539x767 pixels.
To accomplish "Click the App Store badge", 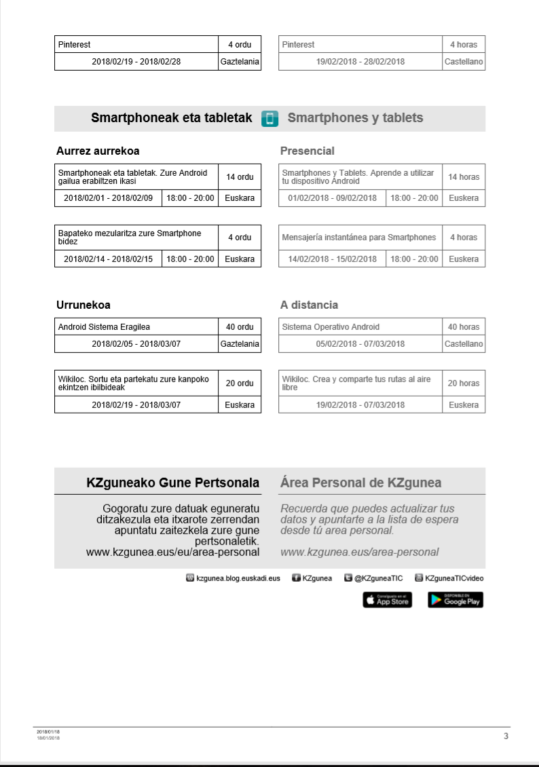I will pyautogui.click(x=387, y=600).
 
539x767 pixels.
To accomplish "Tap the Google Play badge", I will pyautogui.click(x=456, y=600).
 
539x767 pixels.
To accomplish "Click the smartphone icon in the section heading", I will pyautogui.click(x=269, y=118).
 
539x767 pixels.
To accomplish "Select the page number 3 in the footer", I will pyautogui.click(x=506, y=736).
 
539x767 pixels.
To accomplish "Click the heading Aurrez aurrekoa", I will pyautogui.click(x=98, y=151).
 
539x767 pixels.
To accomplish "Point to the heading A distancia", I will pyautogui.click(x=309, y=305).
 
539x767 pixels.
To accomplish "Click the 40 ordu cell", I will pyautogui.click(x=240, y=327).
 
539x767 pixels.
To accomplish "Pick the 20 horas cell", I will pyautogui.click(x=464, y=383).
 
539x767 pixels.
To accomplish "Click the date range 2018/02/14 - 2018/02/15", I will pyautogui.click(x=109, y=259).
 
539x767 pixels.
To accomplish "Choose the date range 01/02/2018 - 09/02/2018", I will pyautogui.click(x=333, y=198).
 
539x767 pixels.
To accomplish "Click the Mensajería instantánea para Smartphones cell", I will pyautogui.click(x=359, y=238).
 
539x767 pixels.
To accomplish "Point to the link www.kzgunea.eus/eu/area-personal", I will pyautogui.click(x=172, y=553).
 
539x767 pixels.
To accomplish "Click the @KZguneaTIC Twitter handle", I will pyautogui.click(x=379, y=578).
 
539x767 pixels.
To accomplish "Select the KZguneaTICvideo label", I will pyautogui.click(x=454, y=578).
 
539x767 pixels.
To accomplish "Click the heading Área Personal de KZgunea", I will pyautogui.click(x=360, y=483).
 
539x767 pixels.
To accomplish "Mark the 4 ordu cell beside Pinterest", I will pyautogui.click(x=240, y=45).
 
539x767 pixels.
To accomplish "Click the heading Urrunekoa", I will pyautogui.click(x=83, y=305).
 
